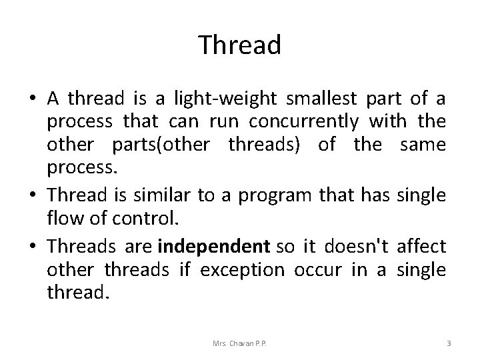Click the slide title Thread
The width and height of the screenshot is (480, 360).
coord(240,45)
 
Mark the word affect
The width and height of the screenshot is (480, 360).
coord(421,246)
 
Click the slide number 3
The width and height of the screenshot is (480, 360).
coord(449,343)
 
